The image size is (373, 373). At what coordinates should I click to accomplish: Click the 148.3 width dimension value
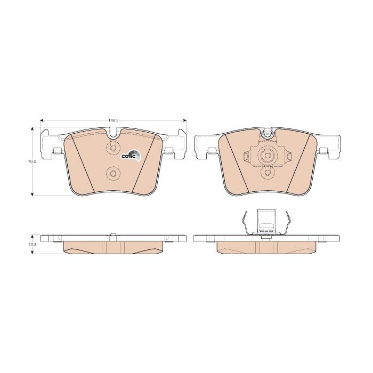(113, 120)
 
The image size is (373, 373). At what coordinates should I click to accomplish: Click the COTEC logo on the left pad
(131, 156)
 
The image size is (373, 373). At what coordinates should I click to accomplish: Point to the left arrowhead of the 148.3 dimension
(42, 120)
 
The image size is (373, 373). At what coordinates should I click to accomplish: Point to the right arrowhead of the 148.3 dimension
(184, 120)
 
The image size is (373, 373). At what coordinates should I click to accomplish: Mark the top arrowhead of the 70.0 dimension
(33, 129)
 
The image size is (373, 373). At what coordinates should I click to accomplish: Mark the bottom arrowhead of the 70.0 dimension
(33, 194)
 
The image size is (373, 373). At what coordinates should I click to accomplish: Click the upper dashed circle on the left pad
(113, 148)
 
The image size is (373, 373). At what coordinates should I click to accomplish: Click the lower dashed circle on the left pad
(113, 173)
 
